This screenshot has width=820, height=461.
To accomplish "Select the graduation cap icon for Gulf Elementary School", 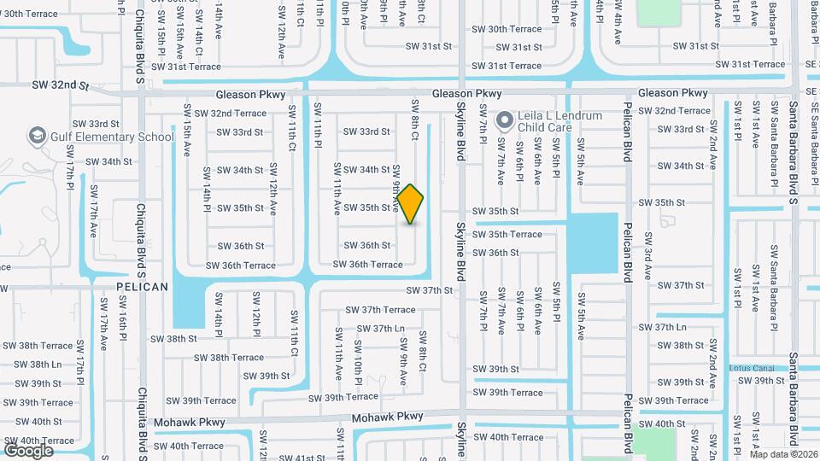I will (38, 136).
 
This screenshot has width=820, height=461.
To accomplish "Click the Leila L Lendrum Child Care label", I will (559, 121).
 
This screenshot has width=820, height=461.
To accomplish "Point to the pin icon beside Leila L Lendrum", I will (505, 120).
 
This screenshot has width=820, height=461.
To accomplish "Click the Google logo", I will (28, 451).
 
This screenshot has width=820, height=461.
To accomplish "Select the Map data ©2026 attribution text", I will (783, 454).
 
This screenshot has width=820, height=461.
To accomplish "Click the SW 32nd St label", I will (61, 85).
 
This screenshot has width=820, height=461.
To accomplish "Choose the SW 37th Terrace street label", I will (380, 309).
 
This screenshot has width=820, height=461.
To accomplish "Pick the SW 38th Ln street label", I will (32, 364).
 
